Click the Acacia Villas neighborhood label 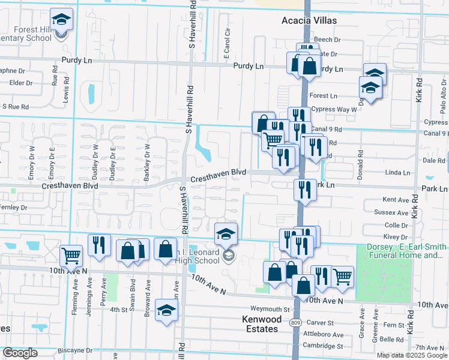(309, 20)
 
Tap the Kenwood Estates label (261, 324)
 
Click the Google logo (20, 353)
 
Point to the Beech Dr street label (327, 40)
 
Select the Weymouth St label (270, 310)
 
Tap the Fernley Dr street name (14, 207)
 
